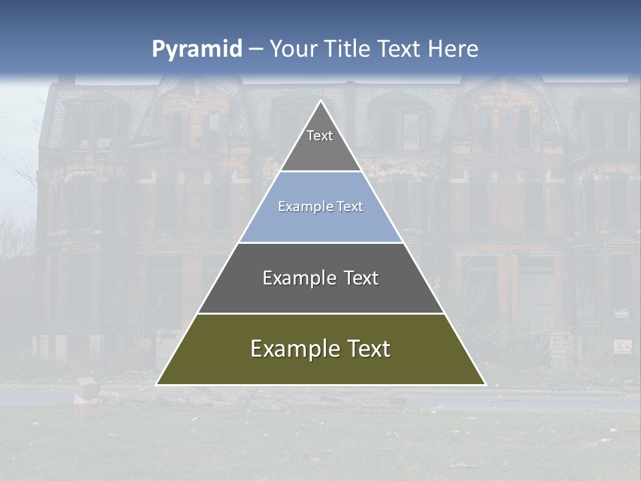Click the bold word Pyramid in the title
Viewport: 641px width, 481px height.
click(197, 49)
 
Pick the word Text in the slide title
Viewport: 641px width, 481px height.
click(400, 49)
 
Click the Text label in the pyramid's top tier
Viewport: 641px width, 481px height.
click(320, 136)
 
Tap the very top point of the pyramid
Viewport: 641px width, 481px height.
click(321, 101)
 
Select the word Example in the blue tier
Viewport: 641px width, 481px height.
click(300, 207)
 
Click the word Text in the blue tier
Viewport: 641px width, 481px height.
click(351, 207)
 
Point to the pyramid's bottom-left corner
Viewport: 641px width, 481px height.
click(157, 384)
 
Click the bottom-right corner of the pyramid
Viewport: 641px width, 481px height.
click(485, 384)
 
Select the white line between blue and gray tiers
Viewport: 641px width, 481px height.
click(321, 243)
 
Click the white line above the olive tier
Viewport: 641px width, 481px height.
click(321, 313)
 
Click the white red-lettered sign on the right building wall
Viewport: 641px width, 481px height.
click(622, 346)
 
